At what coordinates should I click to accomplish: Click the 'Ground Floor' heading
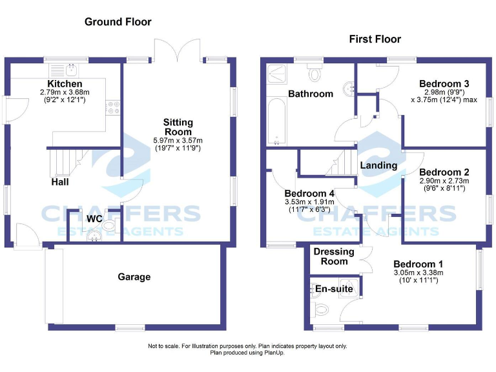[118, 22]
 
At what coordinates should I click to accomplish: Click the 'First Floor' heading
[375, 39]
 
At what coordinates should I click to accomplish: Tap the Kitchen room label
[65, 84]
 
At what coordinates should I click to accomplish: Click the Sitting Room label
[178, 127]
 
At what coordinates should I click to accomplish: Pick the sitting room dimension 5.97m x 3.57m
[178, 141]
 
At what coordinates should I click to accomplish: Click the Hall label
[60, 182]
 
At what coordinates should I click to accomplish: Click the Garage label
[134, 277]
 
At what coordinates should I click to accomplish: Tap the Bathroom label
[311, 94]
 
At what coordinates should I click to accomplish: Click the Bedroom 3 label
[444, 84]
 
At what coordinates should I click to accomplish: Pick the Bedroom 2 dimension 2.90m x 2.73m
[444, 181]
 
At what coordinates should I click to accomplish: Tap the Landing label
[378, 165]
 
